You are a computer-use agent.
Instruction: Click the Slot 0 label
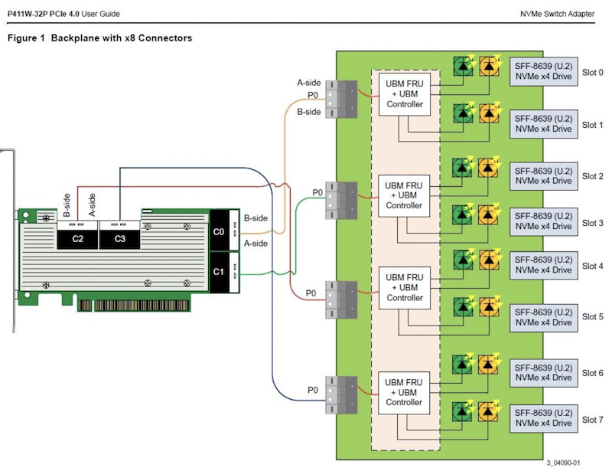coord(592,73)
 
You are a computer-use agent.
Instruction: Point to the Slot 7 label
coord(592,420)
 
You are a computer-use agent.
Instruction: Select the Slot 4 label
coord(592,266)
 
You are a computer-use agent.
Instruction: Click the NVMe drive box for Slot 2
coord(543,175)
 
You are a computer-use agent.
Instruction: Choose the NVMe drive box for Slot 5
coord(543,317)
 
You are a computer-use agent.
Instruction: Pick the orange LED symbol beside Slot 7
coord(487,411)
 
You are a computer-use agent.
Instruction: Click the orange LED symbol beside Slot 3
coord(487,215)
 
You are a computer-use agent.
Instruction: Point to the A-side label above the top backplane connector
coord(309,83)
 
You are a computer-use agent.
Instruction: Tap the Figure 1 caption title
coord(99,38)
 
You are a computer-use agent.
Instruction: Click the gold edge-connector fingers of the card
coord(133,306)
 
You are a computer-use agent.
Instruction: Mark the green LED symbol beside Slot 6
coord(463,364)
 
